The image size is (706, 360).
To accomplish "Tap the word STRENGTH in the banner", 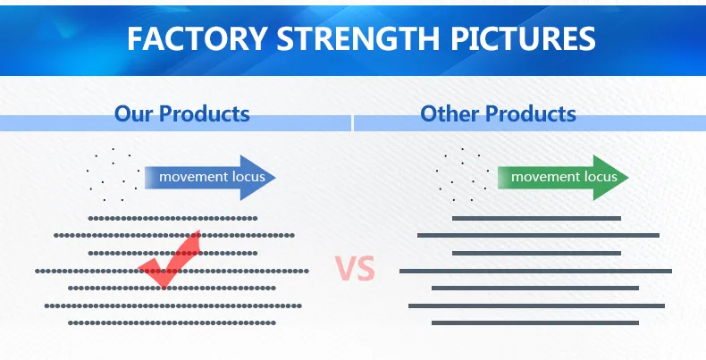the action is [x=358, y=38].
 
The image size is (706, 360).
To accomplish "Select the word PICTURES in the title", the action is [x=523, y=38].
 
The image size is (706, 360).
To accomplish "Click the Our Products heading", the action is [x=182, y=113].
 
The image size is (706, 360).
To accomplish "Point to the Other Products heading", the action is [x=498, y=113].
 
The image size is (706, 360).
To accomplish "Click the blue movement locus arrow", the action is [x=210, y=177].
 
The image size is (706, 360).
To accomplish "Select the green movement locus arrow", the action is [x=563, y=177].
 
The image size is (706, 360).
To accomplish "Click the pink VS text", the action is [x=356, y=269].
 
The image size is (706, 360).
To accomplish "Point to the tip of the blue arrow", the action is [x=275, y=177].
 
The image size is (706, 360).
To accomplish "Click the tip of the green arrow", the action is [x=628, y=177].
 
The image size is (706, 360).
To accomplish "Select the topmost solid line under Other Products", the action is [x=536, y=218].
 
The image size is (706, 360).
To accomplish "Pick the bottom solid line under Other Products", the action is [x=535, y=322].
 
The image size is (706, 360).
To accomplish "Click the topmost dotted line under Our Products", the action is [x=172, y=218].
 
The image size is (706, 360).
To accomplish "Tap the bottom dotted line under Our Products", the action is [x=172, y=322].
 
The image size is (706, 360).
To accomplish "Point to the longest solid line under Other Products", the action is [x=535, y=271].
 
